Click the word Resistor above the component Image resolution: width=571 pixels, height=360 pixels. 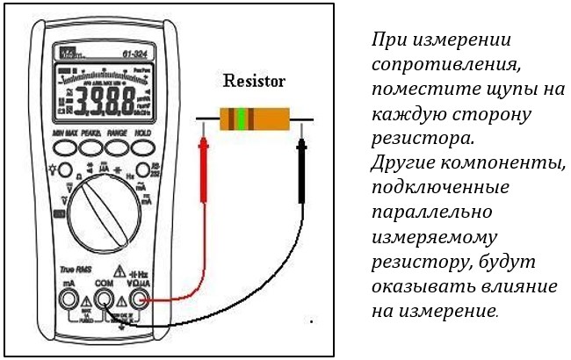click(254, 82)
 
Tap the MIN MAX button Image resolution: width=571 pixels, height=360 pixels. click(64, 148)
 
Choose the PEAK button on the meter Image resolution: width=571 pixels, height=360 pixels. click(90, 148)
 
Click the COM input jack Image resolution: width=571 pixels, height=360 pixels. click(104, 301)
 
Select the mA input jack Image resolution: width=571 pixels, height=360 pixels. click(67, 301)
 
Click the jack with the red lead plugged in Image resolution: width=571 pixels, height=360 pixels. click(141, 301)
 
